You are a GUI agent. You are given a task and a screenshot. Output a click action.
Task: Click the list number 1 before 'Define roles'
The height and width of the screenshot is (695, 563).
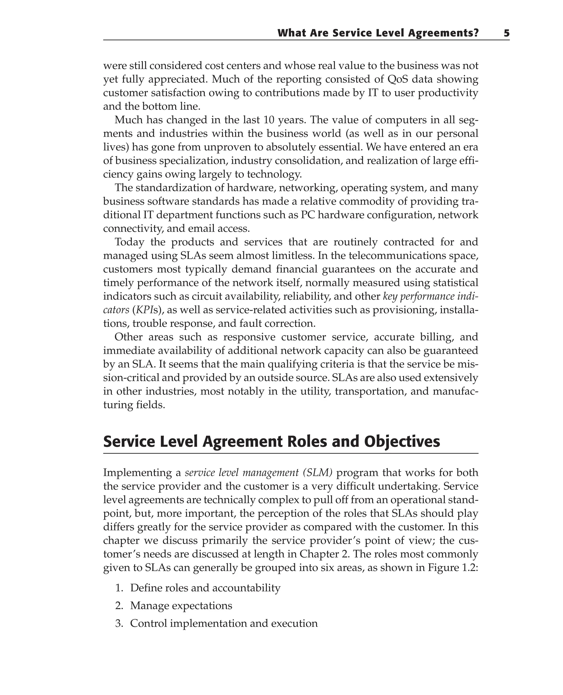coord(119,588)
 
